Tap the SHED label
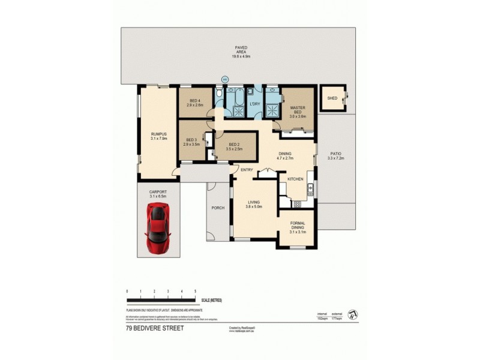pyautogui.click(x=331, y=98)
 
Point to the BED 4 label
pyautogui.click(x=194, y=100)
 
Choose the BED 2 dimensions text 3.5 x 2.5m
pyautogui.click(x=235, y=149)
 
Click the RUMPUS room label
pyautogui.click(x=158, y=134)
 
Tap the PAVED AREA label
pyautogui.click(x=241, y=48)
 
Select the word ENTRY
pyautogui.click(x=247, y=170)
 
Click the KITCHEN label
pyautogui.click(x=295, y=179)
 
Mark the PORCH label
pyautogui.click(x=218, y=208)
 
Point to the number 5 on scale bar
pyautogui.click(x=196, y=291)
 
